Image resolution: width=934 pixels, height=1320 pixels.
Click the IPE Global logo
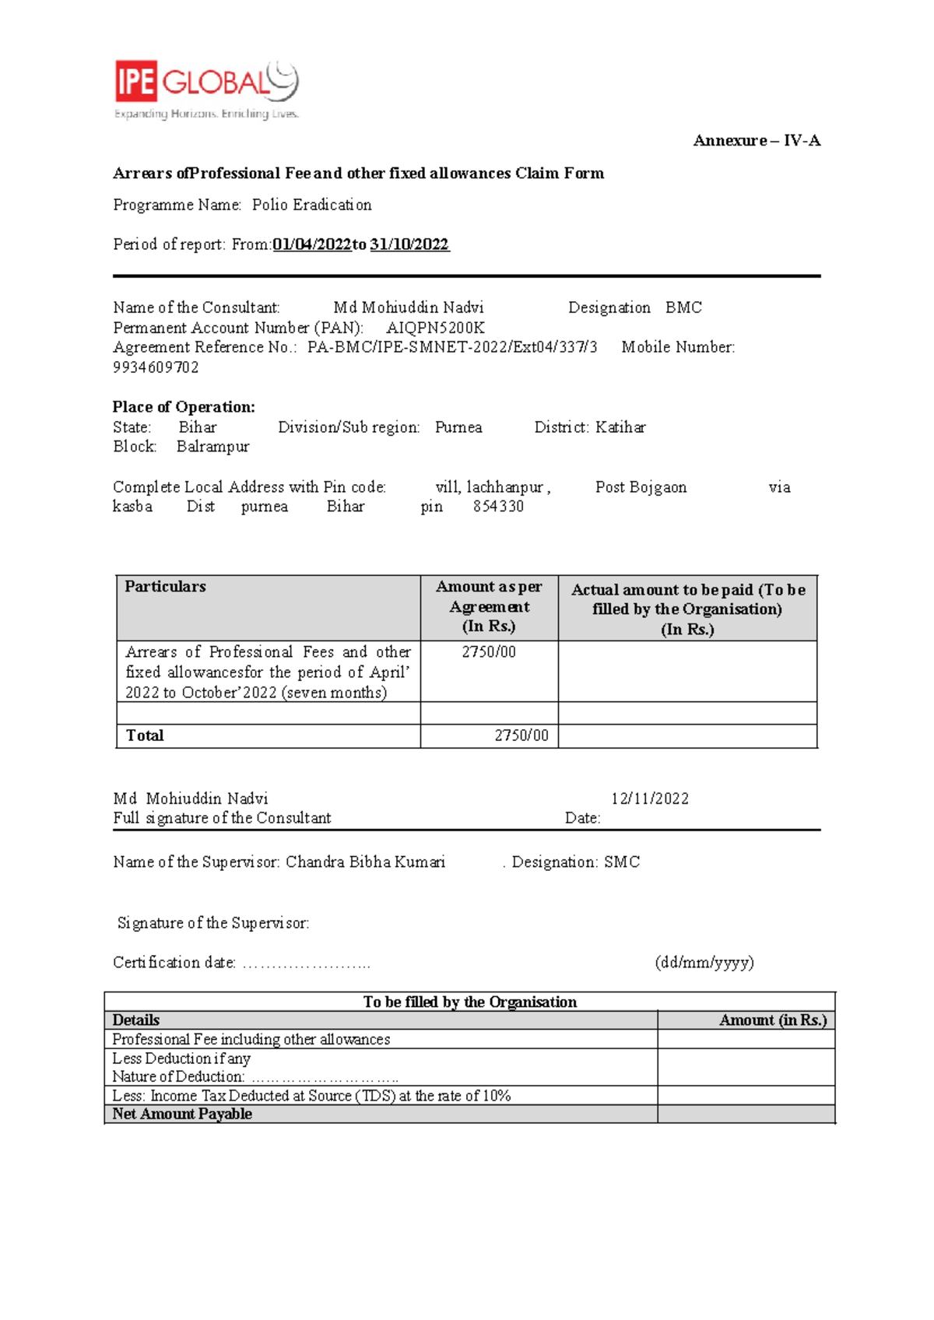206,89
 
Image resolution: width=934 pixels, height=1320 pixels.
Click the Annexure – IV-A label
757,141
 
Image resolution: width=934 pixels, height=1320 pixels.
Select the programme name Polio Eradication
311,205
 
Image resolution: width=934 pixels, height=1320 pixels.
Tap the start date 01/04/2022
311,244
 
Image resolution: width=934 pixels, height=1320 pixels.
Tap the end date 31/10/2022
409,244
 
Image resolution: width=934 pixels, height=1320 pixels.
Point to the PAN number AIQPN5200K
435,328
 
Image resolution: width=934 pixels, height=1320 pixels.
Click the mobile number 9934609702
156,367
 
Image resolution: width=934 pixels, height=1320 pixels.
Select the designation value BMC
683,307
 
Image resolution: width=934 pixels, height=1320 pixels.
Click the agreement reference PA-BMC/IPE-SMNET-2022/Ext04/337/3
452,347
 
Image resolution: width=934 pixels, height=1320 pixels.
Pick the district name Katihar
620,427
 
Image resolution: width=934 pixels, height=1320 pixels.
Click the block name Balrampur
212,447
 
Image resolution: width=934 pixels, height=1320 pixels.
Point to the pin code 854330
498,507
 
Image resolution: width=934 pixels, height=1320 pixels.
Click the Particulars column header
165,587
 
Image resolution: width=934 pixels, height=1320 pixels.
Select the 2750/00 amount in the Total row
521,735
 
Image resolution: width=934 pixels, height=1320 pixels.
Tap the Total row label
145,735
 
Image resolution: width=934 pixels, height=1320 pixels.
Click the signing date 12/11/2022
649,799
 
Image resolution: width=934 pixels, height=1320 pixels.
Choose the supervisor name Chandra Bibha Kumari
365,862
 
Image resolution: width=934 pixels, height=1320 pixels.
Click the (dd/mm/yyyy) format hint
704,963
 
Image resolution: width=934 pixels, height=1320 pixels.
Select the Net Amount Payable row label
182,1114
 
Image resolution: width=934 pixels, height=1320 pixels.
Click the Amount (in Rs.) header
772,1020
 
